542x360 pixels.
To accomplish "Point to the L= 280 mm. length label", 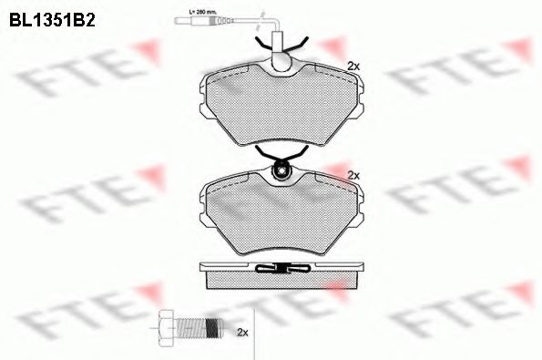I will [200, 10].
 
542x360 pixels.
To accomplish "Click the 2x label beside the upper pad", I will [354, 65].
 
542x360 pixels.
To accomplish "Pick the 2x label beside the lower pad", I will [354, 173].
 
